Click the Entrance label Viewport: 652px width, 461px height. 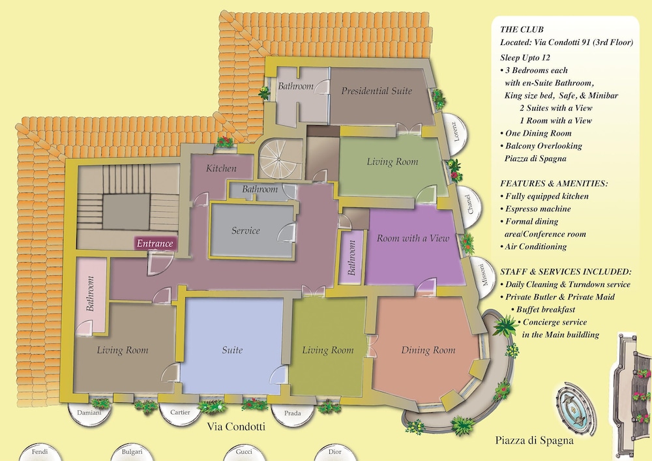pos(155,244)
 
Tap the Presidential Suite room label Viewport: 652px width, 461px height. pos(377,91)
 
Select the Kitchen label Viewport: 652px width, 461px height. pos(221,168)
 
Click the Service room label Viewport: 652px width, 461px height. pos(246,231)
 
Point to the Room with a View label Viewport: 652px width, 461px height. pos(413,238)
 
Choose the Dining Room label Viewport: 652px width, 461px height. pos(428,350)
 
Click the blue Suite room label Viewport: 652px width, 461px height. pos(232,350)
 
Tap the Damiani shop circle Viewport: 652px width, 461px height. pos(89,413)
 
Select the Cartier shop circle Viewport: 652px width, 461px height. pos(180,412)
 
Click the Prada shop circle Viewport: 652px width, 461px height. pos(293,413)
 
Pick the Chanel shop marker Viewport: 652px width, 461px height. pos(469,203)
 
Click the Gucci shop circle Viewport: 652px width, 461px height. pos(244,453)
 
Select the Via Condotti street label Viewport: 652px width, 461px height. pos(236,427)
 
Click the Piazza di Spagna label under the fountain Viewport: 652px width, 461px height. pos(535,441)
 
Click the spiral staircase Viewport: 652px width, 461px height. pos(279,159)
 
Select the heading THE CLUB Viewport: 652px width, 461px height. pos(522,29)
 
